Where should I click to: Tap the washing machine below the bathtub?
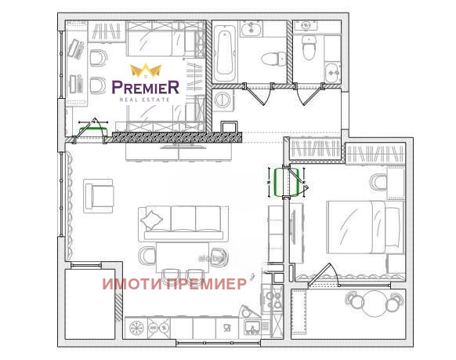click(223, 100)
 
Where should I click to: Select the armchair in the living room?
click(99, 195)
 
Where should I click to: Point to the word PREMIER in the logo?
click(146, 86)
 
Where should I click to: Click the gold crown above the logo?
click(145, 71)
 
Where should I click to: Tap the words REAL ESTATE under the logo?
click(146, 100)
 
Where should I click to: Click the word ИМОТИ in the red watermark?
click(130, 284)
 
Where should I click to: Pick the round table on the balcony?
click(375, 302)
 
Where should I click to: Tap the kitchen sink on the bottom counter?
click(252, 328)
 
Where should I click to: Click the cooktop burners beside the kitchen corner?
click(274, 299)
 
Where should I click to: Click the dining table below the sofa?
click(182, 256)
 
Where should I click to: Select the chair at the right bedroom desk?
click(378, 183)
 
